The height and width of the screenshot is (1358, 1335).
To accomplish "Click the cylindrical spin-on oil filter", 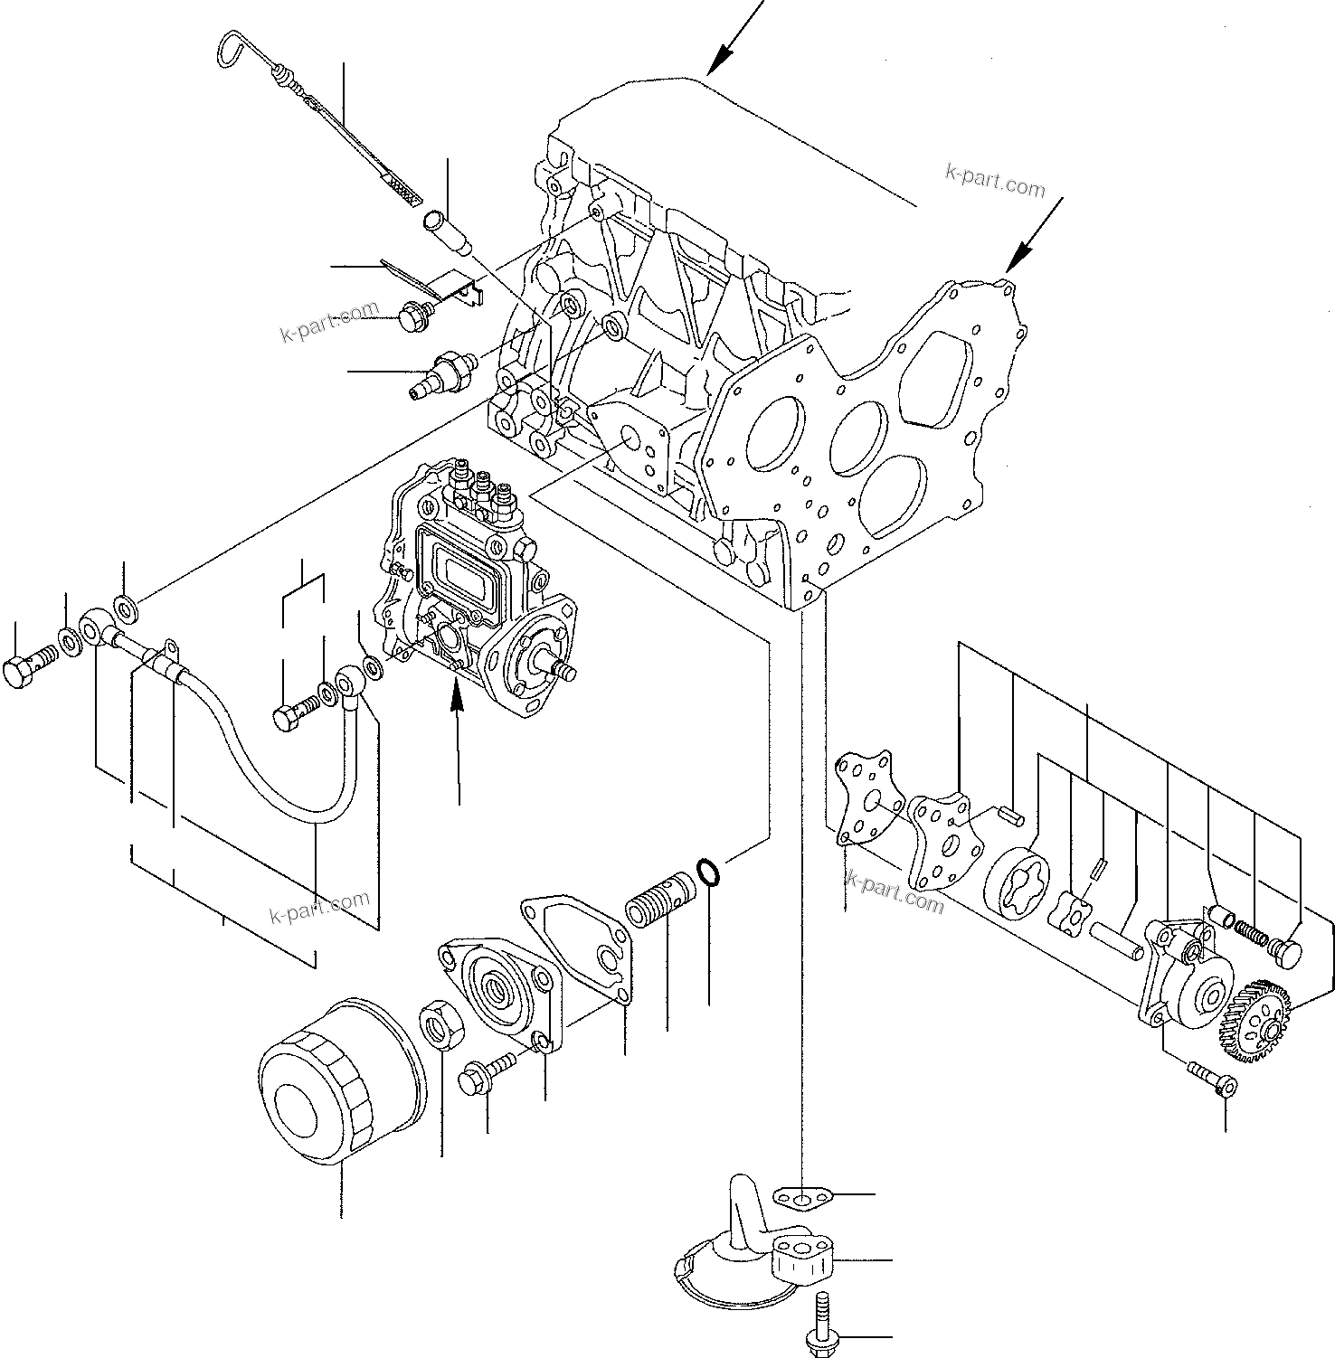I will pyautogui.click(x=339, y=1081).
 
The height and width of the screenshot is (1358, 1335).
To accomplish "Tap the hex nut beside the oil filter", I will pyautogui.click(x=441, y=1024).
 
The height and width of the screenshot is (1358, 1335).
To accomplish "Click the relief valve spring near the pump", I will pyautogui.click(x=1252, y=930).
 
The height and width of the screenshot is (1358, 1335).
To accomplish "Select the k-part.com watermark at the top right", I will pyautogui.click(x=994, y=181).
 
